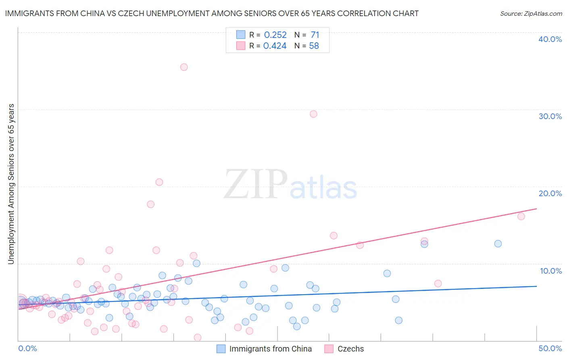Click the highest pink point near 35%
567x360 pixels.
pyautogui.click(x=184, y=67)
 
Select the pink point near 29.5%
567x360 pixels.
pyautogui.click(x=313, y=114)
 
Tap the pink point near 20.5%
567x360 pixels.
pyautogui.click(x=159, y=182)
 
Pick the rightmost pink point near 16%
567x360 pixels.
pyautogui.click(x=521, y=216)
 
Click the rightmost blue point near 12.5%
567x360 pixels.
pyautogui.click(x=498, y=243)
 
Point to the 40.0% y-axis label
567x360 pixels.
pyautogui.click(x=550, y=39)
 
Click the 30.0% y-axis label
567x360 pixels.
pyautogui.click(x=550, y=116)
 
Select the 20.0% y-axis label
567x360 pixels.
pyautogui.click(x=550, y=193)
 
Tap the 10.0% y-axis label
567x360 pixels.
pyautogui.click(x=551, y=271)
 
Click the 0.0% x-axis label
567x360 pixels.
pyautogui.click(x=27, y=348)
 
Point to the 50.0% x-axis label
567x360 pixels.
pyautogui.click(x=550, y=348)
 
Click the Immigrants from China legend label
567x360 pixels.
pyautogui.click(x=270, y=349)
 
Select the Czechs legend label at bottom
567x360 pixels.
pyautogui.click(x=350, y=349)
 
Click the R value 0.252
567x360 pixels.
pyautogui.click(x=275, y=35)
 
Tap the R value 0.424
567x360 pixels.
pyautogui.click(x=275, y=46)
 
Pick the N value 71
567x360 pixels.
pyautogui.click(x=315, y=35)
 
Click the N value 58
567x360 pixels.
pyautogui.click(x=314, y=46)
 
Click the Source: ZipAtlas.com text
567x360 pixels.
pyautogui.click(x=531, y=14)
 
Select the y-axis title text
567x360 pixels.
pyautogui.click(x=11, y=184)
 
